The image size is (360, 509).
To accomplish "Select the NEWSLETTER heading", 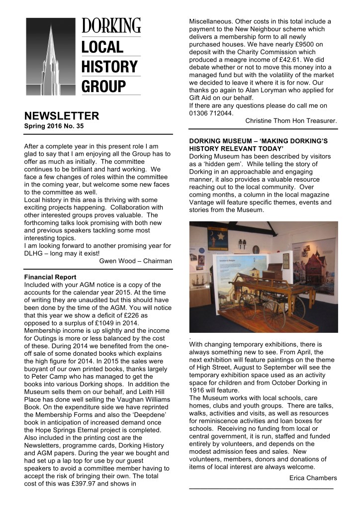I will click(62, 116).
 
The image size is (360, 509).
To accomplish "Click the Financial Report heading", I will click(50, 277).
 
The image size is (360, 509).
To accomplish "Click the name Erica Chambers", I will click(313, 478).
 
